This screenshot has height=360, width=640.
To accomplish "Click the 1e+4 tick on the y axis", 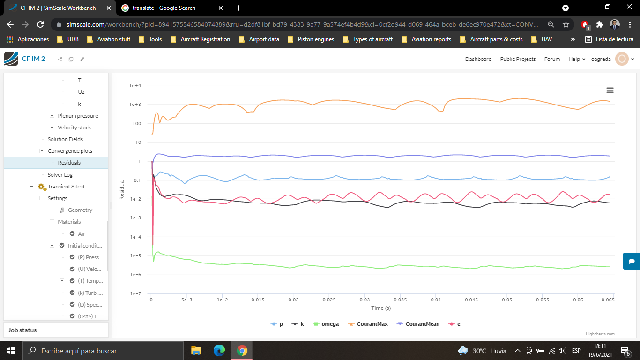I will pyautogui.click(x=135, y=86).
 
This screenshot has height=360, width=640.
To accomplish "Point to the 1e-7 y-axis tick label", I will pyautogui.click(x=135, y=294).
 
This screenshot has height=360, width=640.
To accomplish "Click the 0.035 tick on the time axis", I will pyautogui.click(x=400, y=300).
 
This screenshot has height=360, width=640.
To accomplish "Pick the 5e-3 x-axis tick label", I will pyautogui.click(x=186, y=300).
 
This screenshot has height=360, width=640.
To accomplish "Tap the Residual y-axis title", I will pyautogui.click(x=122, y=189).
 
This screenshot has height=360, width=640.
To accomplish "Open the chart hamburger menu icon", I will pyautogui.click(x=610, y=90).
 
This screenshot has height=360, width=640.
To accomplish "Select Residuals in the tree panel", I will pyautogui.click(x=69, y=163).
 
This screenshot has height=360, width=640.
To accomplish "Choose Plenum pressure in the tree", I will pyautogui.click(x=78, y=116).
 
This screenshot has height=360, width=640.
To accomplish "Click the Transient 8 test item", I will pyautogui.click(x=66, y=187).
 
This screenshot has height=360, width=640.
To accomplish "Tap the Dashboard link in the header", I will pyautogui.click(x=478, y=59).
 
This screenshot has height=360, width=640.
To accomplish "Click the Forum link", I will pyautogui.click(x=552, y=59).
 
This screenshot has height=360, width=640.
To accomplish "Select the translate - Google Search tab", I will pyautogui.click(x=164, y=8).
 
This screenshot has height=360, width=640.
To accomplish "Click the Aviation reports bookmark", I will pyautogui.click(x=431, y=39).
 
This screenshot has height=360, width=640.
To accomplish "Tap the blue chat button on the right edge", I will pyautogui.click(x=632, y=261).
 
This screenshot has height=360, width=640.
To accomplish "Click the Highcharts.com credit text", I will pyautogui.click(x=600, y=334).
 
